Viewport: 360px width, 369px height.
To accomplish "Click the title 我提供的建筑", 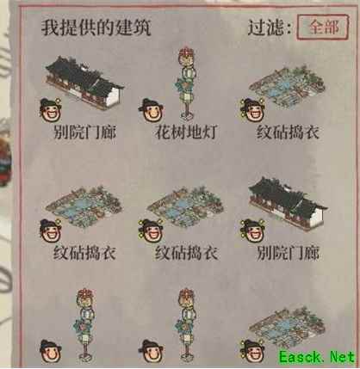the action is pyautogui.click(x=96, y=28).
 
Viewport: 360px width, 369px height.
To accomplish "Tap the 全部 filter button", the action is pyautogui.click(x=323, y=27).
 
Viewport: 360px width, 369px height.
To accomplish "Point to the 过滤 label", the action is pyautogui.click(x=270, y=28).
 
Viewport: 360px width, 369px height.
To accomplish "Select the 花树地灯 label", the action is pyautogui.click(x=186, y=132).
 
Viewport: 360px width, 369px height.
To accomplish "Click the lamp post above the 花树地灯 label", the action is pyautogui.click(x=187, y=83).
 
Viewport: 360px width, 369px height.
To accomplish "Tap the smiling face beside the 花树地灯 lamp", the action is pyautogui.click(x=152, y=110).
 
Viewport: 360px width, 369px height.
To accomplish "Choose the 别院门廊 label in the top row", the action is pyautogui.click(x=84, y=132).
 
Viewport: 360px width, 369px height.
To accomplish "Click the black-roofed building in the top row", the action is pyautogui.click(x=84, y=83).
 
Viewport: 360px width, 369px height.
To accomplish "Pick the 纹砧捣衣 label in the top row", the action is pyautogui.click(x=288, y=132).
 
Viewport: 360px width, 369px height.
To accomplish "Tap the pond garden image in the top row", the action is pyautogui.click(x=287, y=87).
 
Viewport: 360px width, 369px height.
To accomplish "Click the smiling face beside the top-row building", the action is pyautogui.click(x=50, y=109).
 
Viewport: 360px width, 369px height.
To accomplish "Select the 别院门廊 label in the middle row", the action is pyautogui.click(x=288, y=254).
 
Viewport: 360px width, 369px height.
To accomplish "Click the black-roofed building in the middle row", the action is pyautogui.click(x=288, y=203).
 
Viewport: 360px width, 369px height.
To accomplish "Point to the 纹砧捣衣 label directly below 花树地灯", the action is pyautogui.click(x=186, y=254).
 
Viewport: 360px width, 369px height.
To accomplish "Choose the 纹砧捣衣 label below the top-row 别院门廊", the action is pyautogui.click(x=84, y=254).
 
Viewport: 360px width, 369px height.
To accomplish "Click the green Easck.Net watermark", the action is pyautogui.click(x=317, y=357).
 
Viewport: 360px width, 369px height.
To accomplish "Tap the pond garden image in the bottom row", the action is pyautogui.click(x=287, y=327).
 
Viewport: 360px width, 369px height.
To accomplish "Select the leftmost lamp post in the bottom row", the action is pyautogui.click(x=85, y=324).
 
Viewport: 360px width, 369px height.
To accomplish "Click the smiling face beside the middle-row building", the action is pyautogui.click(x=252, y=231).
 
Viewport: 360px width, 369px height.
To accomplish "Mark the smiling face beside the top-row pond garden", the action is pyautogui.click(x=252, y=110).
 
